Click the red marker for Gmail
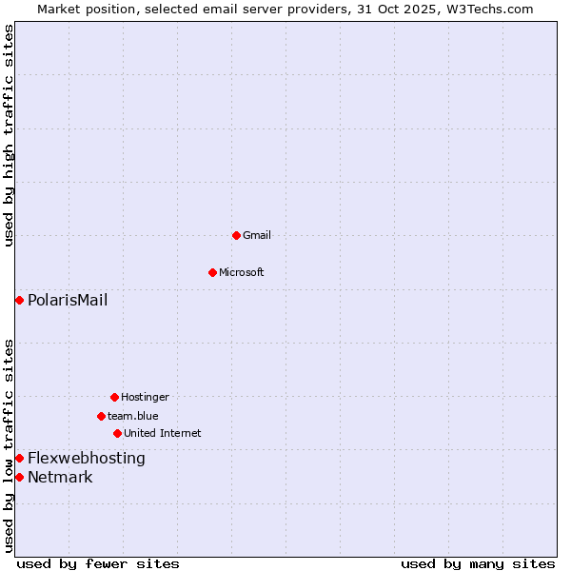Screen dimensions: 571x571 pyautogui.click(x=236, y=235)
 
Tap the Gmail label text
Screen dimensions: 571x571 pyautogui.click(x=257, y=235)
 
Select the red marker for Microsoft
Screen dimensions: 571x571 pyautogui.click(x=212, y=272)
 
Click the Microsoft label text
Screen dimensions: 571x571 pyautogui.click(x=241, y=272)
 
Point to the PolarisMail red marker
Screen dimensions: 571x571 pyautogui.click(x=19, y=301)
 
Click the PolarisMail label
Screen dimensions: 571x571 pyautogui.click(x=68, y=301)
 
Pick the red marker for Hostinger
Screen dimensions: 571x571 pyautogui.click(x=114, y=397)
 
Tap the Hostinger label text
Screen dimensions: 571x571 pyautogui.click(x=145, y=397)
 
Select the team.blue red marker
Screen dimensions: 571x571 pyautogui.click(x=101, y=416)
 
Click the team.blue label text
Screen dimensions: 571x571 pyautogui.click(x=132, y=416)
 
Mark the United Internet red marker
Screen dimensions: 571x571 pyautogui.click(x=117, y=433)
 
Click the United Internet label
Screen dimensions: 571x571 pyautogui.click(x=162, y=433)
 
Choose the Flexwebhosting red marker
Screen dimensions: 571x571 pyautogui.click(x=19, y=459)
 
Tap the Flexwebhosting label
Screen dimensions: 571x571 pyautogui.click(x=87, y=459)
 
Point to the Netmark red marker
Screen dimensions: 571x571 pyautogui.click(x=19, y=477)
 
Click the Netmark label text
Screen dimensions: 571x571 pyautogui.click(x=60, y=478)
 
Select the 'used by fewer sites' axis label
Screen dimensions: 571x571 pyautogui.click(x=98, y=563)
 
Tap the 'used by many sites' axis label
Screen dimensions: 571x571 pyautogui.click(x=478, y=563)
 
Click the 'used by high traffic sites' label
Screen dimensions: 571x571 pyautogui.click(x=9, y=135)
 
